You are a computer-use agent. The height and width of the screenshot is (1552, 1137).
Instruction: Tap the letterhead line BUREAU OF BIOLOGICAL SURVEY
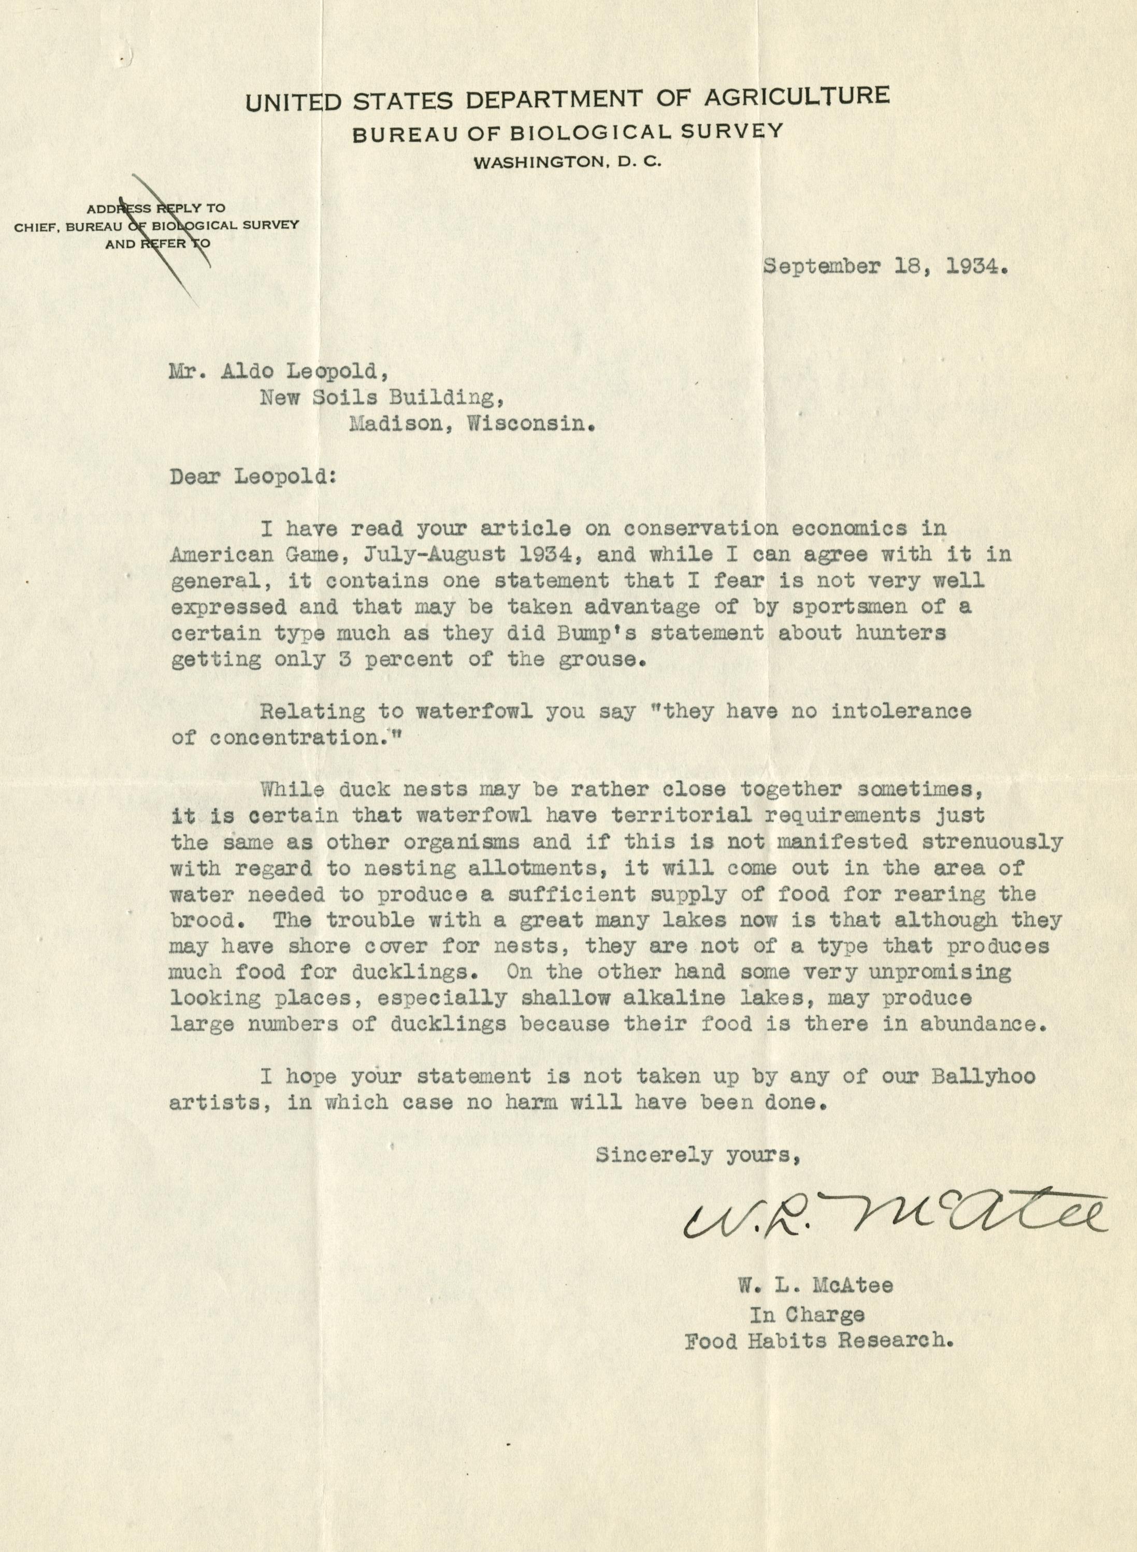567,132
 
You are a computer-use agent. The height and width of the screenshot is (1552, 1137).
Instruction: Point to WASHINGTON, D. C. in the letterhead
567,163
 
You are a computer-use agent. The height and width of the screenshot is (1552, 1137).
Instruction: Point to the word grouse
603,659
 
